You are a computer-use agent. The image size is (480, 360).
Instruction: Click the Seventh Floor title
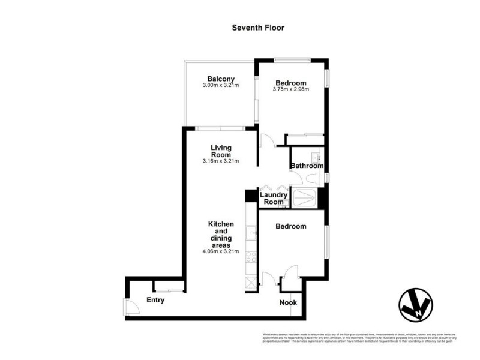point(258,28)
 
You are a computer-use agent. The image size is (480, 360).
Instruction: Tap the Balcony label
point(221,79)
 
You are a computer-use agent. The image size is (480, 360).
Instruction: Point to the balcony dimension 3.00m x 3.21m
point(221,85)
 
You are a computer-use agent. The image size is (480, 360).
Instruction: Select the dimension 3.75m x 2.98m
point(291,89)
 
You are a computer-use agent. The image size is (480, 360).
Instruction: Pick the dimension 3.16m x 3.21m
point(221,161)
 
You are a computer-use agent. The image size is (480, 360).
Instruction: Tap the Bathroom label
point(307,166)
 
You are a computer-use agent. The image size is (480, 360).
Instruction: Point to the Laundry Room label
point(274,199)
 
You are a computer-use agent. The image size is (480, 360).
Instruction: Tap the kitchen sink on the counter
point(251,230)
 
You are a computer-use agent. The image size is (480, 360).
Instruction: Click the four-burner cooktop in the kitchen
point(251,259)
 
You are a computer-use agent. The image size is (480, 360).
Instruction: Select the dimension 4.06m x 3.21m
point(221,251)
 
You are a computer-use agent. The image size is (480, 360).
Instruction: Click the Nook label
point(288,302)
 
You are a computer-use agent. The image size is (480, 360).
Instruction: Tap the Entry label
point(156,300)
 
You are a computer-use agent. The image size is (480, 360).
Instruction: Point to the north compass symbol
point(415,306)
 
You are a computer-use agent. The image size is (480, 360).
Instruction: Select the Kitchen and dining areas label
point(221,234)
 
